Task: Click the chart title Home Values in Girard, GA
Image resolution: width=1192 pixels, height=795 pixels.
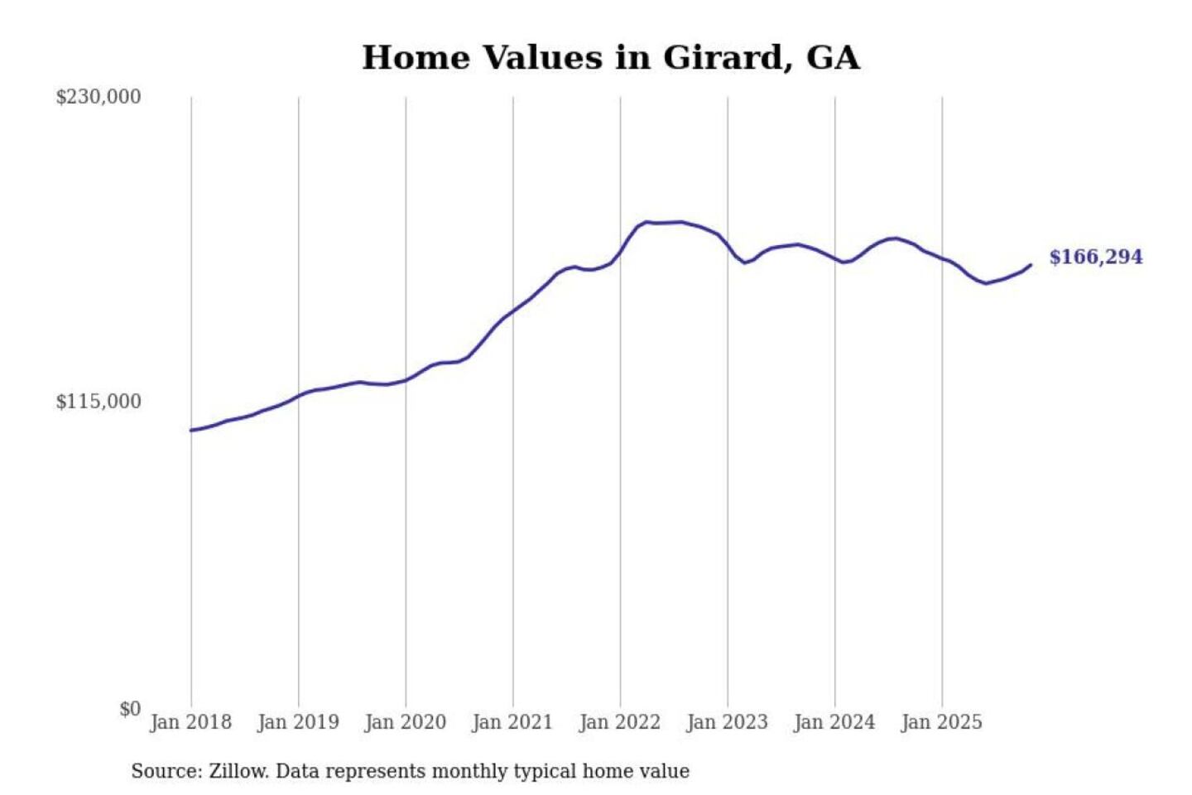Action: [611, 58]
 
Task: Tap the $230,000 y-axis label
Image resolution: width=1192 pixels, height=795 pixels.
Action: [99, 97]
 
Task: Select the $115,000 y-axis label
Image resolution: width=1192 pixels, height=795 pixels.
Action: [99, 402]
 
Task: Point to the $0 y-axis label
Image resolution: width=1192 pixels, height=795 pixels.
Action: [130, 709]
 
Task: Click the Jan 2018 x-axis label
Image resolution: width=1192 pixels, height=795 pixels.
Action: [190, 722]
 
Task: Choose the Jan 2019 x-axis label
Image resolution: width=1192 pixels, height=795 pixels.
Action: [298, 722]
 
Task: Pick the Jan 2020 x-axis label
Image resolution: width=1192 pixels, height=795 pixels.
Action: [405, 722]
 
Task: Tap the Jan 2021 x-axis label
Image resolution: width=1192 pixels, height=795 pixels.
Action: [512, 722]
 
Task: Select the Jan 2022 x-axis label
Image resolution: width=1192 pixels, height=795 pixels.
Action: [620, 722]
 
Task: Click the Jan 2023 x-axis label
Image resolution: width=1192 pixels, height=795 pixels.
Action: [727, 722]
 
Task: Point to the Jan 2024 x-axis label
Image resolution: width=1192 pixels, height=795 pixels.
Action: [834, 722]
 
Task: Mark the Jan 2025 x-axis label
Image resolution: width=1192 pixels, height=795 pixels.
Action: [941, 722]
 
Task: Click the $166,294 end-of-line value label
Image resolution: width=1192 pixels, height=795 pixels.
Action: [1096, 257]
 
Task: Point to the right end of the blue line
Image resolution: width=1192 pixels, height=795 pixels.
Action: [1031, 265]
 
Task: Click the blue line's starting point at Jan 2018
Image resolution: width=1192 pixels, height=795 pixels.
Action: [191, 430]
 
